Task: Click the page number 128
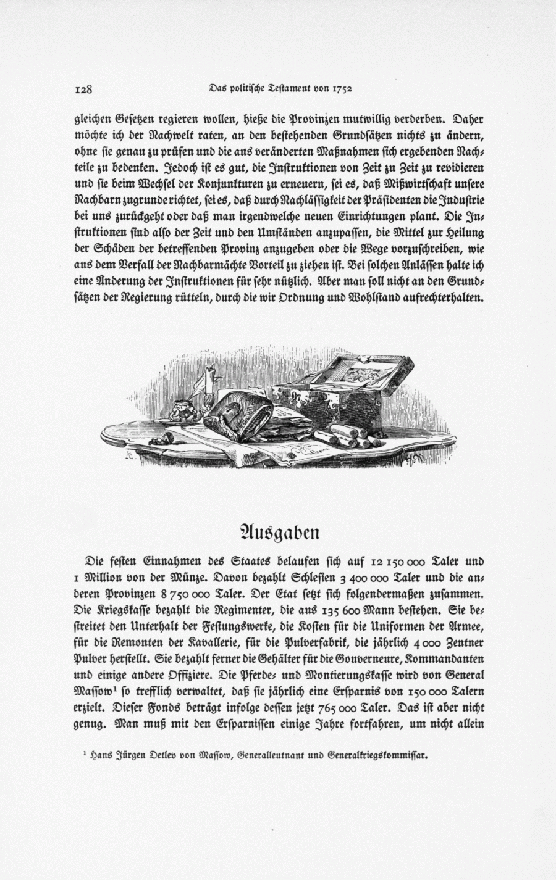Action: tap(83, 89)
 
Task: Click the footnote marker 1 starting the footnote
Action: tap(84, 753)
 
